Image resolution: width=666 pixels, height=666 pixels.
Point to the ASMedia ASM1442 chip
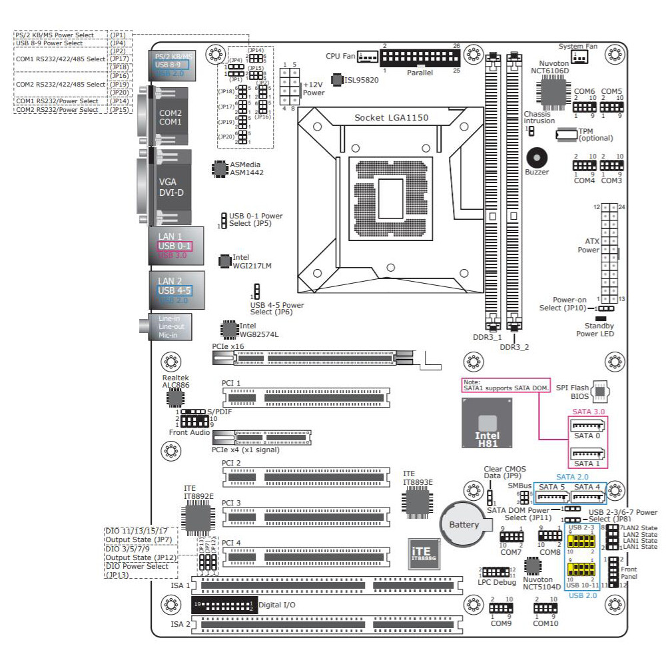point(219,168)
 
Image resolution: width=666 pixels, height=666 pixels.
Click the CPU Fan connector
point(368,58)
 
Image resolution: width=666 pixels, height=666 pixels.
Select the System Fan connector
point(579,57)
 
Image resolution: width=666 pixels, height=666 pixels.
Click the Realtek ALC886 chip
point(175,398)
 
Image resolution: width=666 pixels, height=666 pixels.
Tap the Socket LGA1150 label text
point(391,118)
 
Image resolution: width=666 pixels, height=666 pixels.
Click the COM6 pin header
point(584,107)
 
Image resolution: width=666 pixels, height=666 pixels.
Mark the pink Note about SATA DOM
point(505,385)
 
